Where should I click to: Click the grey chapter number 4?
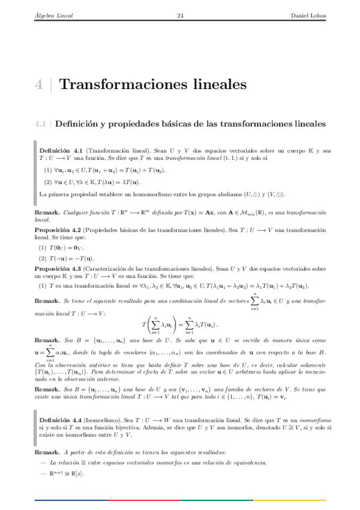point(38,84)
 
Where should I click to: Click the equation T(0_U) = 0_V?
point(72,247)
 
